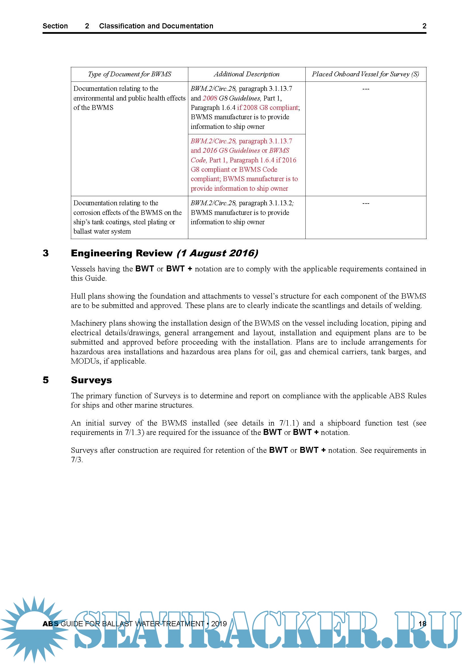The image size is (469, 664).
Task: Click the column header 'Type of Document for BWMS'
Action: coord(129,74)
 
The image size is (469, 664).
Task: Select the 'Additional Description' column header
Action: coord(246,74)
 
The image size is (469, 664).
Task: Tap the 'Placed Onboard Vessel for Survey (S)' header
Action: coord(365,74)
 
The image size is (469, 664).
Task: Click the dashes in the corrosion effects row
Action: coord(366,204)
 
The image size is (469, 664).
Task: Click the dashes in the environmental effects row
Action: coord(366,89)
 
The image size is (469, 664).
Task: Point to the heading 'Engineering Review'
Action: coord(122,253)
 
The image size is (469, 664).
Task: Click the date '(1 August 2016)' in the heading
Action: coord(217,253)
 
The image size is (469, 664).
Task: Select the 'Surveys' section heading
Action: coord(91,380)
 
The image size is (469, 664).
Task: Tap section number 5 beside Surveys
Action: coord(46,380)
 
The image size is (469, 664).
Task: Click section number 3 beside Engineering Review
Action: coord(46,253)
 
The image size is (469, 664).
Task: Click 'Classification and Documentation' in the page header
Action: coord(156,26)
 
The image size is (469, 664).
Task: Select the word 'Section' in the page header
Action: coord(55,26)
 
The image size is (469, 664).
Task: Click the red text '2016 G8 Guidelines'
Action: coord(231,151)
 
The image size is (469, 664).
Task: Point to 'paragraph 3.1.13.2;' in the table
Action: coord(266,203)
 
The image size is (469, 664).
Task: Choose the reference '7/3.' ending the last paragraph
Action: coord(77,460)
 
